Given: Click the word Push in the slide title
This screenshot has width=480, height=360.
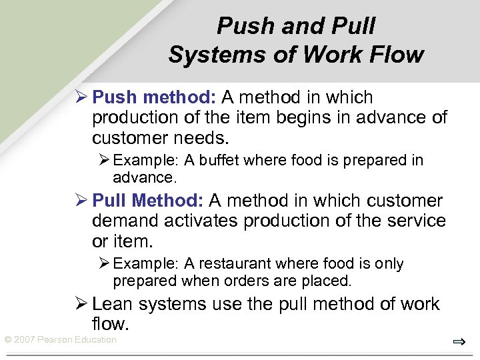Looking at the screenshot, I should (x=240, y=26).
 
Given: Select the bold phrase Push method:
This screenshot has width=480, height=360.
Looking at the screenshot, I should (x=154, y=97).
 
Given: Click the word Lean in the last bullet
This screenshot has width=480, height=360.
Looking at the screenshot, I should (x=111, y=304).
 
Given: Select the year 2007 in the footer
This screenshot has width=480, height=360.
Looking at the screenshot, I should (x=25, y=340).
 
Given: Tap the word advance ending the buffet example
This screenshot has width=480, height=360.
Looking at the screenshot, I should (x=143, y=177).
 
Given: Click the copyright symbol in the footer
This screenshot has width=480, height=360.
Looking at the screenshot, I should (x=8, y=340).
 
